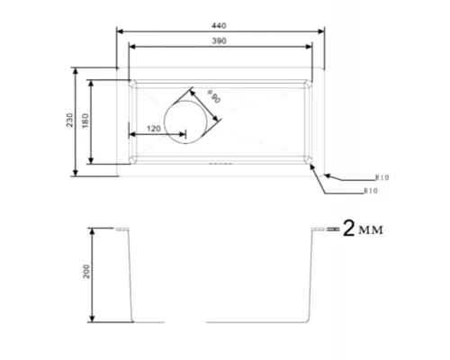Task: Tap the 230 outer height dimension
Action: click(x=70, y=121)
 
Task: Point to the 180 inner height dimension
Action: click(x=86, y=121)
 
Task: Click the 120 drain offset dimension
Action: click(x=154, y=130)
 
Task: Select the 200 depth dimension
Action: click(x=86, y=274)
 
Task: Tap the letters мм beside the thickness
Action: click(x=371, y=232)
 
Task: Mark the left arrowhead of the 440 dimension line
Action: click(x=121, y=31)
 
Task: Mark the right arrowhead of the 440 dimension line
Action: click(x=321, y=31)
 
